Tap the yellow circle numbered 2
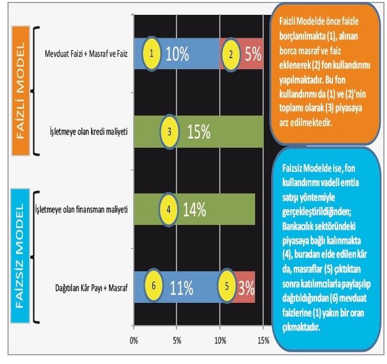coord(231,54)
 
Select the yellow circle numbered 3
coord(169,132)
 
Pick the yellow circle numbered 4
coord(168,209)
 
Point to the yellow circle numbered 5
coord(227,287)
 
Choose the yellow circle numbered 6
coord(153,287)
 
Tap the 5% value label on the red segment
coord(253,54)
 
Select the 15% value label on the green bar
coord(199,132)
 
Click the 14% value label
coord(194,209)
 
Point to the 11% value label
coord(182,287)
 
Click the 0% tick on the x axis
coord(134,340)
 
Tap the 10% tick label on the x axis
coord(220,340)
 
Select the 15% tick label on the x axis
coord(263,340)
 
